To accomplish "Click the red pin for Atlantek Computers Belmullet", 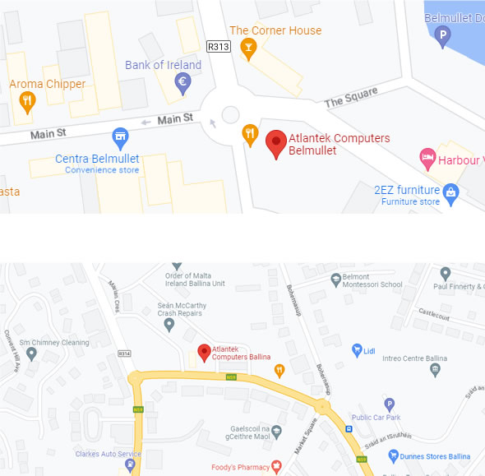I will coord(276,143).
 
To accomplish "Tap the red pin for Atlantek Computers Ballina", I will coord(204,352).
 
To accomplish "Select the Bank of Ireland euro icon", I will coord(183,81).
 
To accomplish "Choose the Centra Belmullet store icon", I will coord(120,136).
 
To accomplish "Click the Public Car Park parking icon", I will coord(390,404).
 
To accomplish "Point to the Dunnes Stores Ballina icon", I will coord(394,455).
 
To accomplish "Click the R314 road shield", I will coord(124,353).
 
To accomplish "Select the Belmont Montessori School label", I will coord(372,280).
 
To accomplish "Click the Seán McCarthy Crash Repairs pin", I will coord(169,325).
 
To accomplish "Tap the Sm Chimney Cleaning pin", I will coord(31,354).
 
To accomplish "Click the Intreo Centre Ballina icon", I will coord(435,370).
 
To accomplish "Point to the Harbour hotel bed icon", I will coord(427,156).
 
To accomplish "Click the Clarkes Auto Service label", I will coord(108,454).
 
